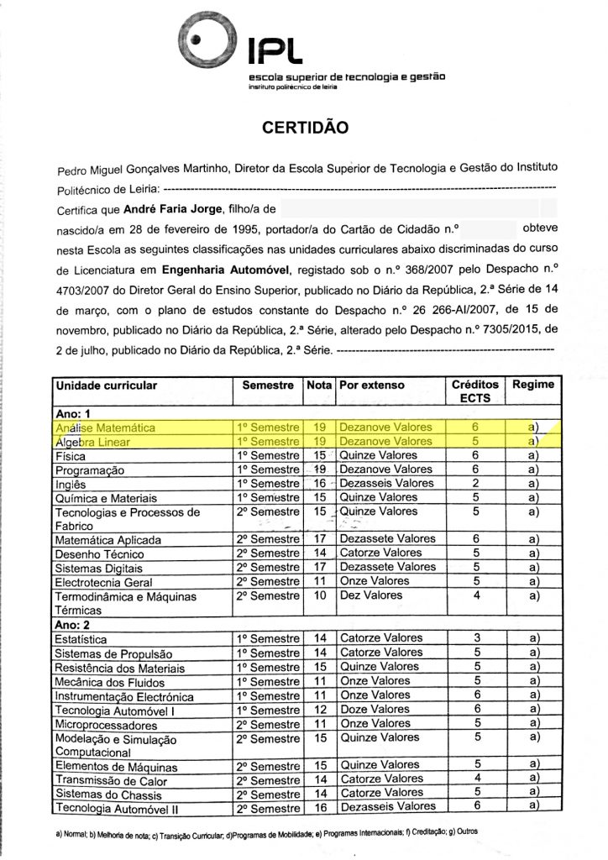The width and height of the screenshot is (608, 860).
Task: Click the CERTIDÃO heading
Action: [x=305, y=128]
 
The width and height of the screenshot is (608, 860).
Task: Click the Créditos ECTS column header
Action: [x=475, y=391]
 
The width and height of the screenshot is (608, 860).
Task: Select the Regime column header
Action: [x=533, y=385]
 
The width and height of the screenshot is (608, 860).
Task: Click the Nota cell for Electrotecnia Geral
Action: [x=319, y=581]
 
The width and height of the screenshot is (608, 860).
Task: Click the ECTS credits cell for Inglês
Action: [x=475, y=484]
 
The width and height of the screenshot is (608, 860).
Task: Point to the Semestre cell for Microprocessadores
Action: [x=266, y=724]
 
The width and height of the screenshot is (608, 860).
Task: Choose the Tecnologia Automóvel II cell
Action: [x=112, y=809]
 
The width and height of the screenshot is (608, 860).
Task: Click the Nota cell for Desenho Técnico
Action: [x=319, y=553]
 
